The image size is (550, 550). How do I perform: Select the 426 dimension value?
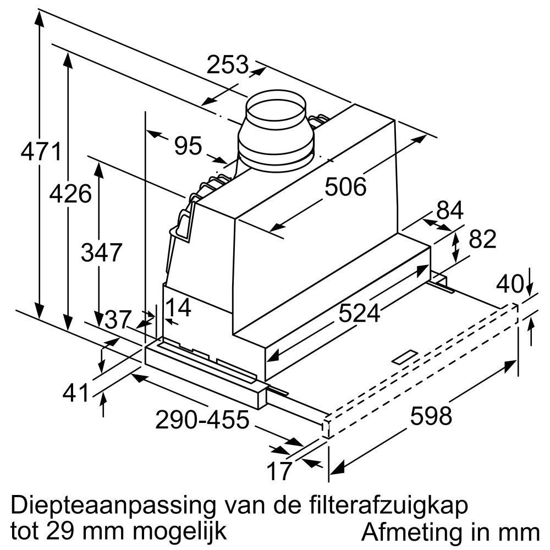70,194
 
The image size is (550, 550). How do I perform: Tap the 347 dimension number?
101,252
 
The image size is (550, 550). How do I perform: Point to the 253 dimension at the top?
228,65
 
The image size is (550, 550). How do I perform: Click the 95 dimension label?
188,146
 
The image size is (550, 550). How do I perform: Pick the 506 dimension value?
345,187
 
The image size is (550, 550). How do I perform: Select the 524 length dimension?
359,313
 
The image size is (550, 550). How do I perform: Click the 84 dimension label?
450,210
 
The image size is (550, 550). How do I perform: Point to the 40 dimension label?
509,284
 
